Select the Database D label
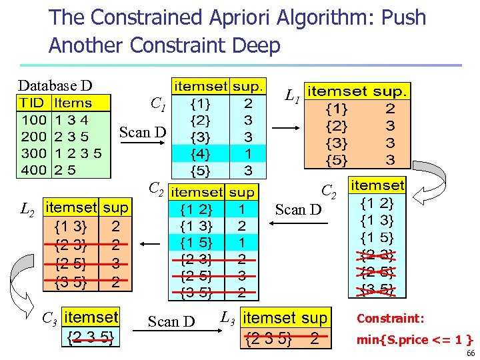[55, 85]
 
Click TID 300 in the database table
[33, 153]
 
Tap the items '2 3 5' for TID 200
[71, 137]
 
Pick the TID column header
[31, 103]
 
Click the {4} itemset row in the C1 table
[199, 153]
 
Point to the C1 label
[158, 104]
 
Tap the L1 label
[291, 97]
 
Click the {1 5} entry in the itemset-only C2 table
[377, 237]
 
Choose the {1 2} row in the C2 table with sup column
[200, 209]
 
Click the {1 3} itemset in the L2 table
[69, 226]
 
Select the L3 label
[227, 317]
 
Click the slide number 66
[471, 353]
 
